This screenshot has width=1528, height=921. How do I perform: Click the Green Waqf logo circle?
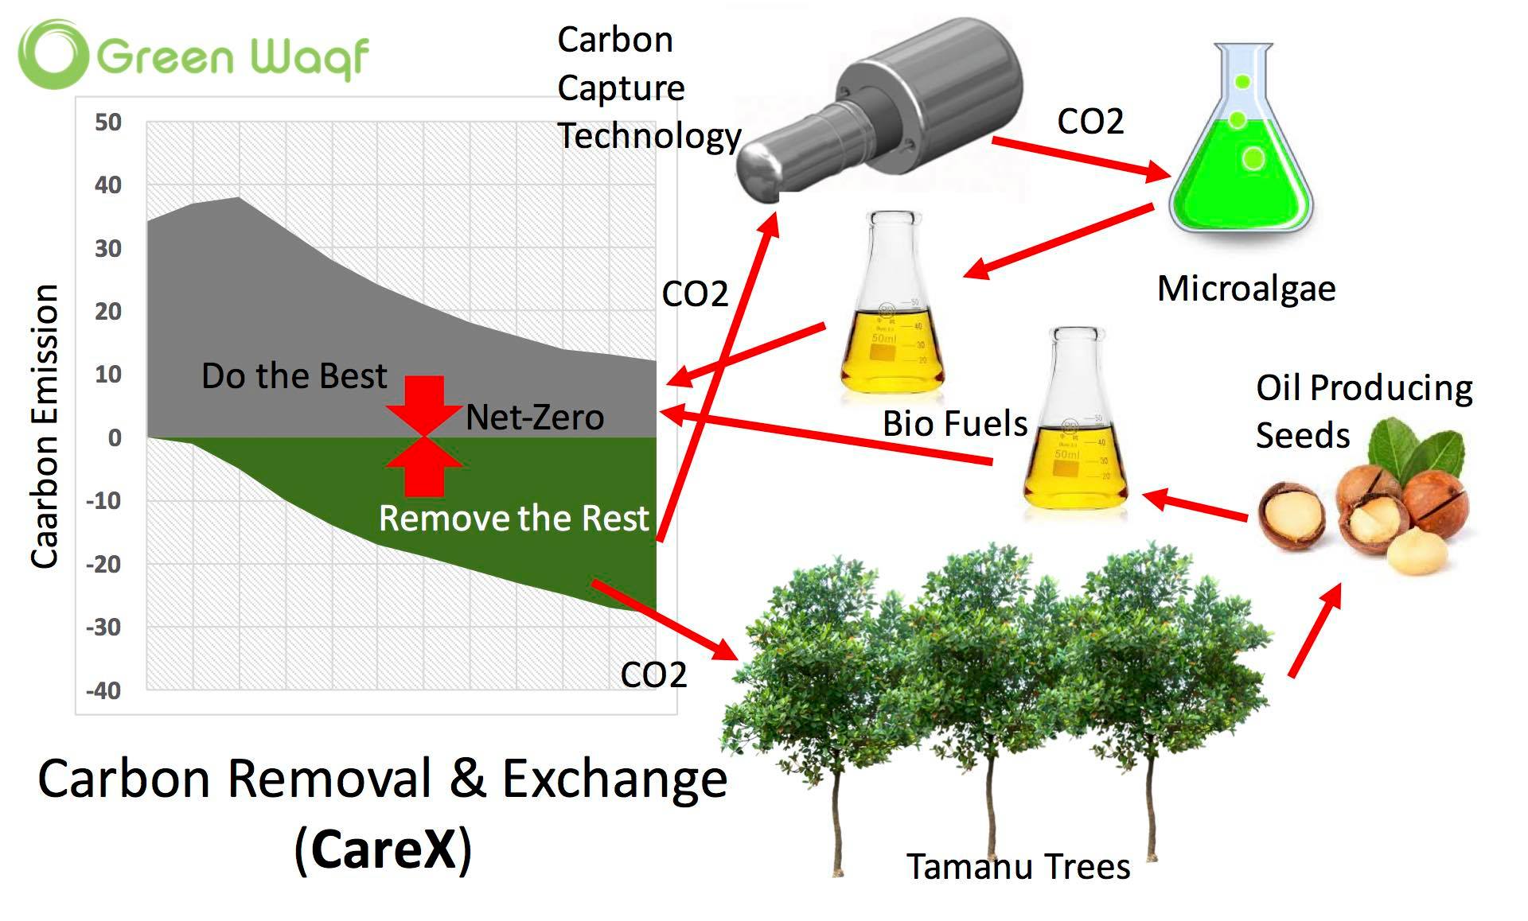pyautogui.click(x=53, y=54)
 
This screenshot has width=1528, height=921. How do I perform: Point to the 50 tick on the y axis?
pyautogui.click(x=108, y=122)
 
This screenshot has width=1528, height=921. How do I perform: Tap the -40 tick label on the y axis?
pyautogui.click(x=104, y=690)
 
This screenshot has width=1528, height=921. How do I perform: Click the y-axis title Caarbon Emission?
pyautogui.click(x=45, y=426)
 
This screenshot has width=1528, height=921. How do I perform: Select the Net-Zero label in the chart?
pyautogui.click(x=535, y=418)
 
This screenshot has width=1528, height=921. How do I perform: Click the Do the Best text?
pyautogui.click(x=294, y=376)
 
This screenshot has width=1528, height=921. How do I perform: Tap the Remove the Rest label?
pyautogui.click(x=514, y=519)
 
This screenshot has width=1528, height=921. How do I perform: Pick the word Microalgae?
pyautogui.click(x=1246, y=289)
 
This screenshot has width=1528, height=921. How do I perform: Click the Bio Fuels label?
pyautogui.click(x=955, y=424)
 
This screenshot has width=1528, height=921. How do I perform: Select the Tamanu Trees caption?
pyautogui.click(x=1018, y=867)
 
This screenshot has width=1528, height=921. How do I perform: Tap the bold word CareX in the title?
pyautogui.click(x=384, y=849)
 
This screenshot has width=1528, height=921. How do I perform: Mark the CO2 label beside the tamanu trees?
pyautogui.click(x=653, y=675)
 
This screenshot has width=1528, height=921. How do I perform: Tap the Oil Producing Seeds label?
pyautogui.click(x=1363, y=412)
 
